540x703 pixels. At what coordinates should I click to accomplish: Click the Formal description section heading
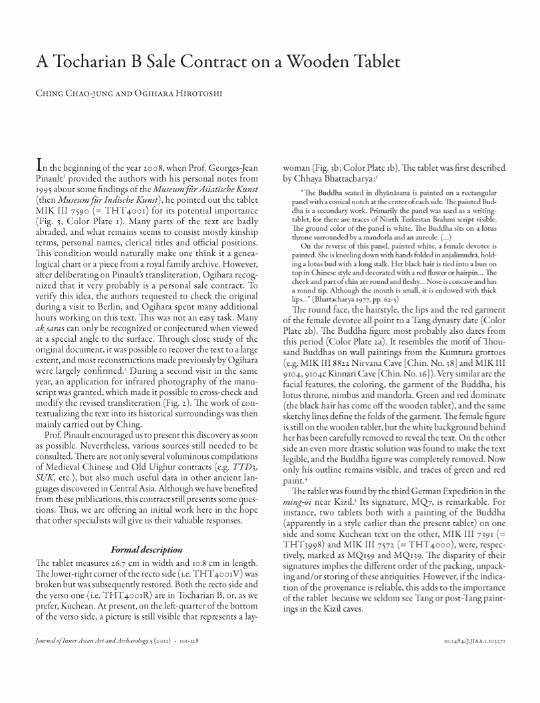pyautogui.click(x=146, y=550)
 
